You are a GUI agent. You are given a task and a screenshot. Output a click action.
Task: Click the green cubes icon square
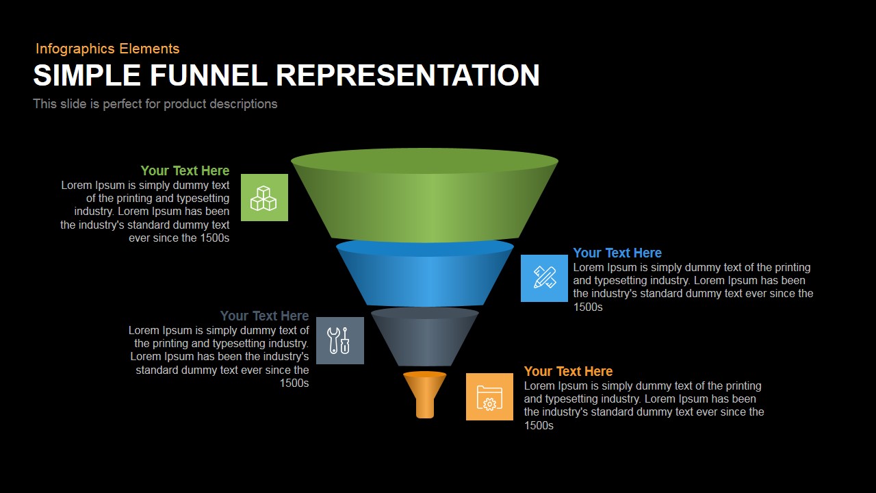pos(264,197)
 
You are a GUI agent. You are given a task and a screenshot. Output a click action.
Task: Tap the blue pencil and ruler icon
pos(544,278)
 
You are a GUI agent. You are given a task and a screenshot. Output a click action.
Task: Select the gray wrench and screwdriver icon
pos(339,340)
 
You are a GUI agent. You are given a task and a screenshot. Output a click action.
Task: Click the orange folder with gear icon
pos(489,396)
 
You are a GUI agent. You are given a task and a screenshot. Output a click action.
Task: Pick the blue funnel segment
pos(424,277)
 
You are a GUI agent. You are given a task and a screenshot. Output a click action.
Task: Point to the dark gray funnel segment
pos(424,339)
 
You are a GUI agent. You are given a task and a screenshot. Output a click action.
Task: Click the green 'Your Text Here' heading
pos(185,170)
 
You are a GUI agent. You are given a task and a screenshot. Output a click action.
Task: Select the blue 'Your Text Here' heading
pos(617,253)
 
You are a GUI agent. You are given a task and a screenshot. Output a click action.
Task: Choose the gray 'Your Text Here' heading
pos(264,316)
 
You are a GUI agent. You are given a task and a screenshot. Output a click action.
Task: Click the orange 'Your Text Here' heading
pos(568,371)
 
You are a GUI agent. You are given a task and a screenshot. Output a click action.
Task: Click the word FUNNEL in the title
pos(209,75)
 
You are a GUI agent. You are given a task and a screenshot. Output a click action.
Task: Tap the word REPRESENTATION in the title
pos(408,75)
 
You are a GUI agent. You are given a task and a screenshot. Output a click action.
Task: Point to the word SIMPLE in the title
pos(88,75)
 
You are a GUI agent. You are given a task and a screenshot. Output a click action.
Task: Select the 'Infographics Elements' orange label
pos(107,49)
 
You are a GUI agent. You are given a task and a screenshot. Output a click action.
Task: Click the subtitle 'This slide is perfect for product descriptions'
pos(155,104)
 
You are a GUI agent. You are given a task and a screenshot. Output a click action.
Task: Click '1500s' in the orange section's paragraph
pos(539,425)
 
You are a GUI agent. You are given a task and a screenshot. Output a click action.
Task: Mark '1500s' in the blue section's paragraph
pos(588,307)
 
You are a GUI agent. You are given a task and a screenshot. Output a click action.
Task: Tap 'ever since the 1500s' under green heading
pos(179,238)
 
